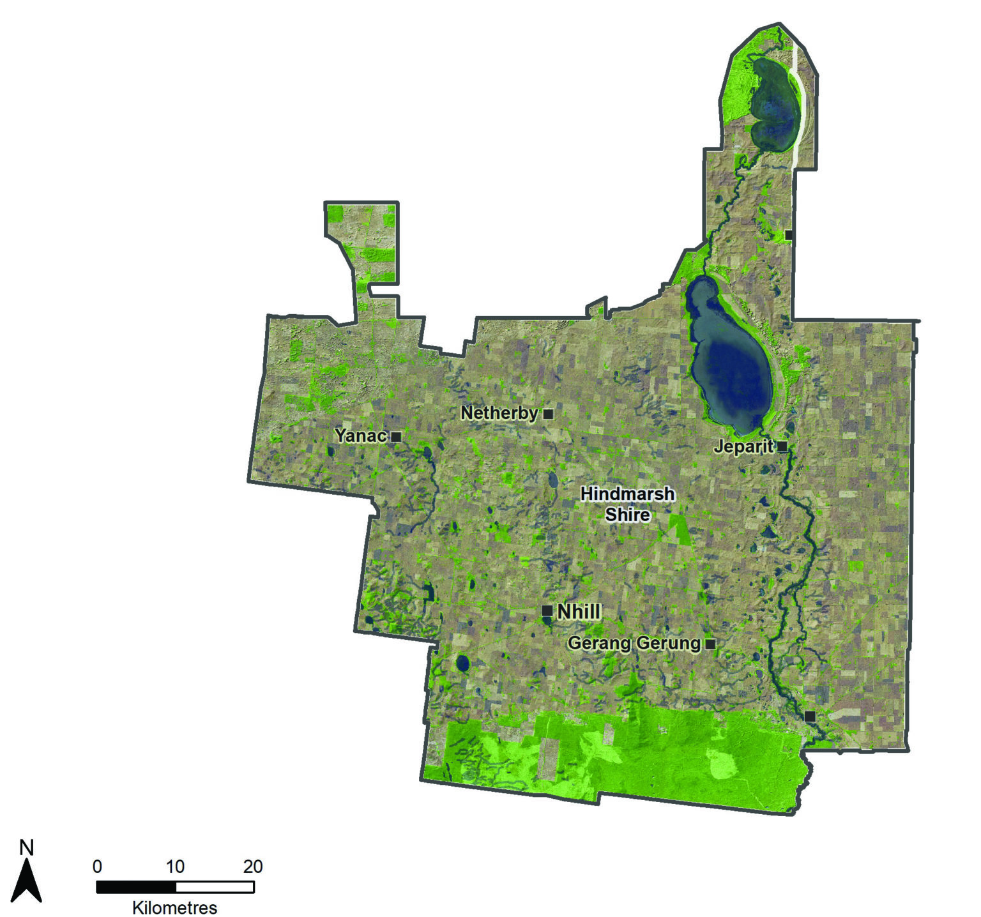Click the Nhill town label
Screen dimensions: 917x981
(579, 612)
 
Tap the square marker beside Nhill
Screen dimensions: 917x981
(547, 610)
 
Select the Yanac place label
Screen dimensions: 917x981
(361, 436)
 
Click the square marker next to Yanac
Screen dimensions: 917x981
(396, 437)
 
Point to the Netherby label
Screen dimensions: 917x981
(499, 413)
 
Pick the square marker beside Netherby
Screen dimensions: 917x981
(548, 414)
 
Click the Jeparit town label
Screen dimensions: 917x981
(743, 446)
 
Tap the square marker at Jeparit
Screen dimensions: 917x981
(782, 446)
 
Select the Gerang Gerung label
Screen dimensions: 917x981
(634, 643)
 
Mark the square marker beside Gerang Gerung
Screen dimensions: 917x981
(710, 644)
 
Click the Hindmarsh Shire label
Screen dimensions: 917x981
(627, 504)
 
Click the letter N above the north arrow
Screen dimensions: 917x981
(26, 847)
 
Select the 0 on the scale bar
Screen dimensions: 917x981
(97, 867)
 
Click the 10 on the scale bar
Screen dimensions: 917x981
(175, 867)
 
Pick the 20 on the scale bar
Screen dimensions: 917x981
(253, 867)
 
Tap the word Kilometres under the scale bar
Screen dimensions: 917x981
(174, 907)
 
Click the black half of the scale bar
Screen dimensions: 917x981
(136, 887)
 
